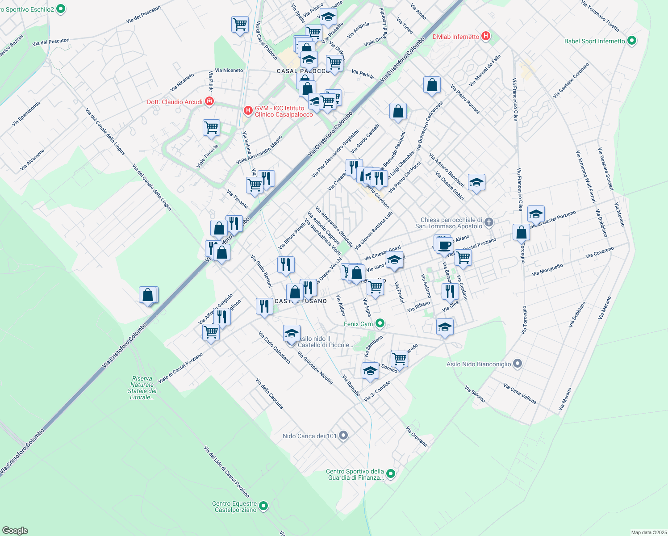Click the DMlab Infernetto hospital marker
tap(486, 36)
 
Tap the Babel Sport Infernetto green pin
tap(631, 41)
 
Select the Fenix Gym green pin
tap(380, 323)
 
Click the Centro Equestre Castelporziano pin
tap(263, 506)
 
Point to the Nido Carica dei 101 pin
tap(343, 435)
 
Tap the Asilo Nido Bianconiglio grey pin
tap(518, 364)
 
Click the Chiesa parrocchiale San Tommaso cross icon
tap(489, 222)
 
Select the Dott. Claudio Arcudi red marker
tap(209, 102)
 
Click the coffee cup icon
tap(444, 246)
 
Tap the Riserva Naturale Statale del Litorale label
tap(142, 388)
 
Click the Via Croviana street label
tap(417, 436)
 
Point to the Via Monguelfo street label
tap(547, 270)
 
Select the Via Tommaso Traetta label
tap(600, 16)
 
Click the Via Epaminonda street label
tap(26, 113)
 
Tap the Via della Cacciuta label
tap(269, 394)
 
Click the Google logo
tap(15, 531)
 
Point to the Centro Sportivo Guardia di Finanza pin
tap(391, 474)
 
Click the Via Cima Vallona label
tap(520, 393)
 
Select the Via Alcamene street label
tap(32, 160)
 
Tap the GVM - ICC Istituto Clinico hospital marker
tap(248, 110)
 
